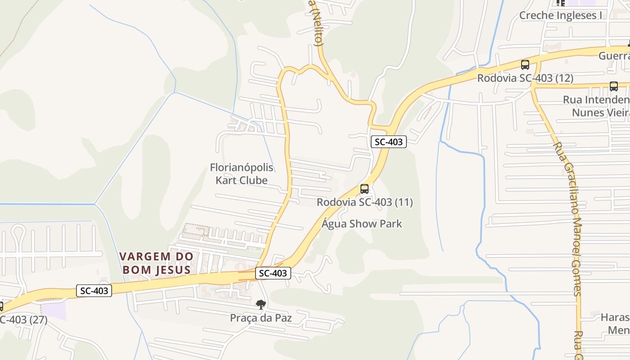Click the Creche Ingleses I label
coord(560,16)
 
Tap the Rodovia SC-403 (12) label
coord(525,78)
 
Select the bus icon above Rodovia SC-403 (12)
coord(525,65)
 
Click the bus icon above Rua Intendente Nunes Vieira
coord(614,86)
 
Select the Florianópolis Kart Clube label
coord(242,174)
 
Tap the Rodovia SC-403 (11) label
coord(364,202)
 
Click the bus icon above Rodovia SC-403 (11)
coord(364,189)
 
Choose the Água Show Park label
coord(362,224)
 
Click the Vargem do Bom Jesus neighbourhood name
coord(157,263)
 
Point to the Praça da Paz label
coord(261,318)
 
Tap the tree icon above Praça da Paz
coord(261,305)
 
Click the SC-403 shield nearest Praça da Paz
coord(273,273)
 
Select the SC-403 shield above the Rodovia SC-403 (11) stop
coord(389,142)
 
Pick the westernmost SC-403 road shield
coord(94,291)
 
